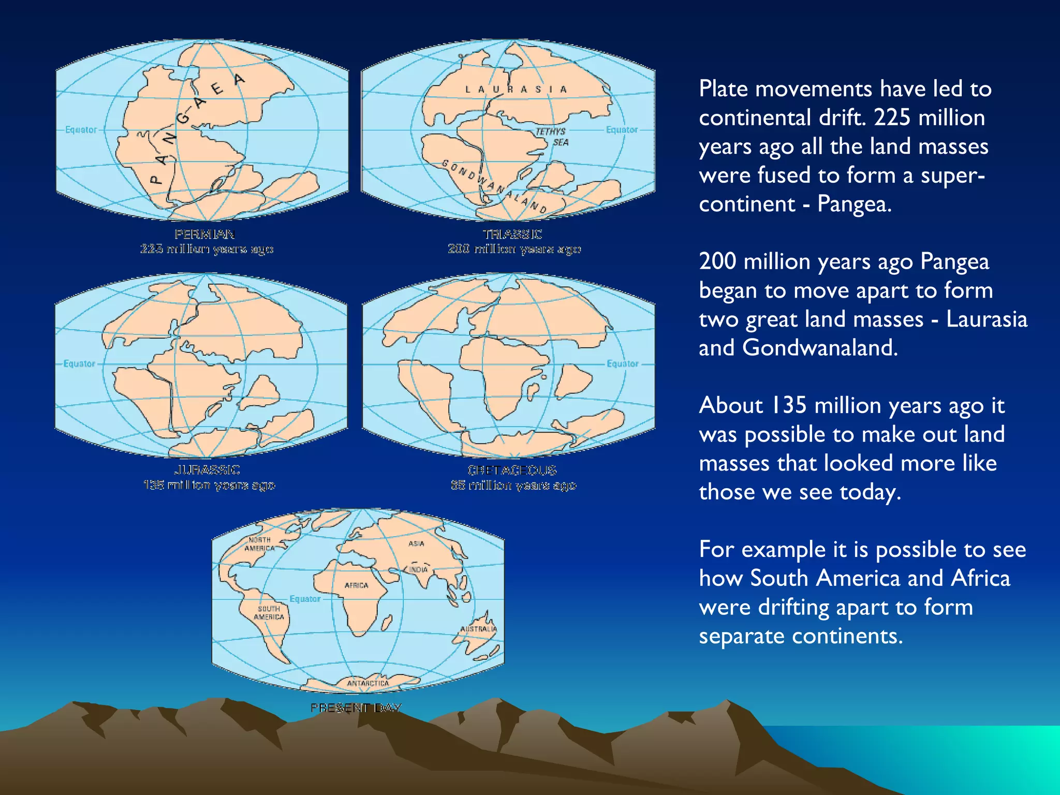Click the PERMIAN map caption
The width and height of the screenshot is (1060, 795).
205,234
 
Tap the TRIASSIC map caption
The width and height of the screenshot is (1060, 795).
512,234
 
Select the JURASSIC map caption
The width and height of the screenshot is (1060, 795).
207,470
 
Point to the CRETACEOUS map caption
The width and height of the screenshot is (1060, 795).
512,470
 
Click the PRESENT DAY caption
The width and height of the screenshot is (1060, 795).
356,708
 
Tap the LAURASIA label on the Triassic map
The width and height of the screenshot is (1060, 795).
516,90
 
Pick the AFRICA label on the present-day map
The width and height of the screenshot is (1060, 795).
357,585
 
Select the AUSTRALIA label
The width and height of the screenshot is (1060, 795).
478,629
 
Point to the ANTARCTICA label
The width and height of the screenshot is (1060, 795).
368,683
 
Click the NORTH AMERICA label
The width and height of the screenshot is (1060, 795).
259,544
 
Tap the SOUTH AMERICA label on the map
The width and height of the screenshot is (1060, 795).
269,613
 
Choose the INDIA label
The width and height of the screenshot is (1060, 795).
419,569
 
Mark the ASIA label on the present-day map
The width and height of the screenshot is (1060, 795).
416,543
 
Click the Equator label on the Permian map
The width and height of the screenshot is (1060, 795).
81,129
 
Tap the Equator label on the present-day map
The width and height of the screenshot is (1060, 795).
305,599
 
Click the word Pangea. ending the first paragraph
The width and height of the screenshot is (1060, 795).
855,204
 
